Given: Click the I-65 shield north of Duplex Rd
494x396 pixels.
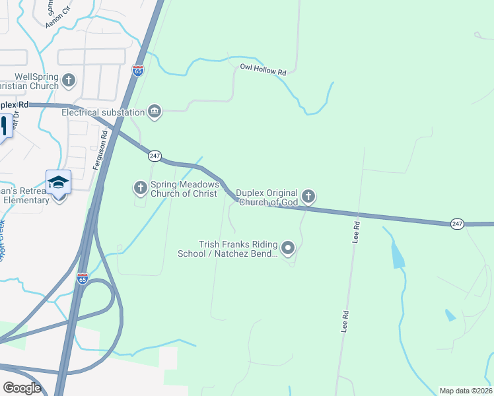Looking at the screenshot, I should point(137,71).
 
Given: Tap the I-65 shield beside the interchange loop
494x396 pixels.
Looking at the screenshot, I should point(82,279).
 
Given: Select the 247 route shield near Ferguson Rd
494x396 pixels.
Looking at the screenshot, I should point(155,156).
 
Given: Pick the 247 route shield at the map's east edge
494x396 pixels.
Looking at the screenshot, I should point(457,224).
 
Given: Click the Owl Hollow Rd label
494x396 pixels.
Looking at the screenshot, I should point(263,68).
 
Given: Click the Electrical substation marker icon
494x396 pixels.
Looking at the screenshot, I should point(155,111).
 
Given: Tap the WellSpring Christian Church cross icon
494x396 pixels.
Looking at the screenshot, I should point(69,81).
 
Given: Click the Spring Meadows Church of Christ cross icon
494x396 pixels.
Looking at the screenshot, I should point(140,188).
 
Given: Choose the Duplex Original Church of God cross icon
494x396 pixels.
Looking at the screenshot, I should point(308,196).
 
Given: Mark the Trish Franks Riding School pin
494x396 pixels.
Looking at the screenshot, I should point(288,248).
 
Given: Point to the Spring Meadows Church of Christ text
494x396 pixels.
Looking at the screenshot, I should point(185,189).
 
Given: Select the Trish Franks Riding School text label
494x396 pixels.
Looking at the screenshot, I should point(228,249).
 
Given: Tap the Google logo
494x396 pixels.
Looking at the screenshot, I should point(22,388).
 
